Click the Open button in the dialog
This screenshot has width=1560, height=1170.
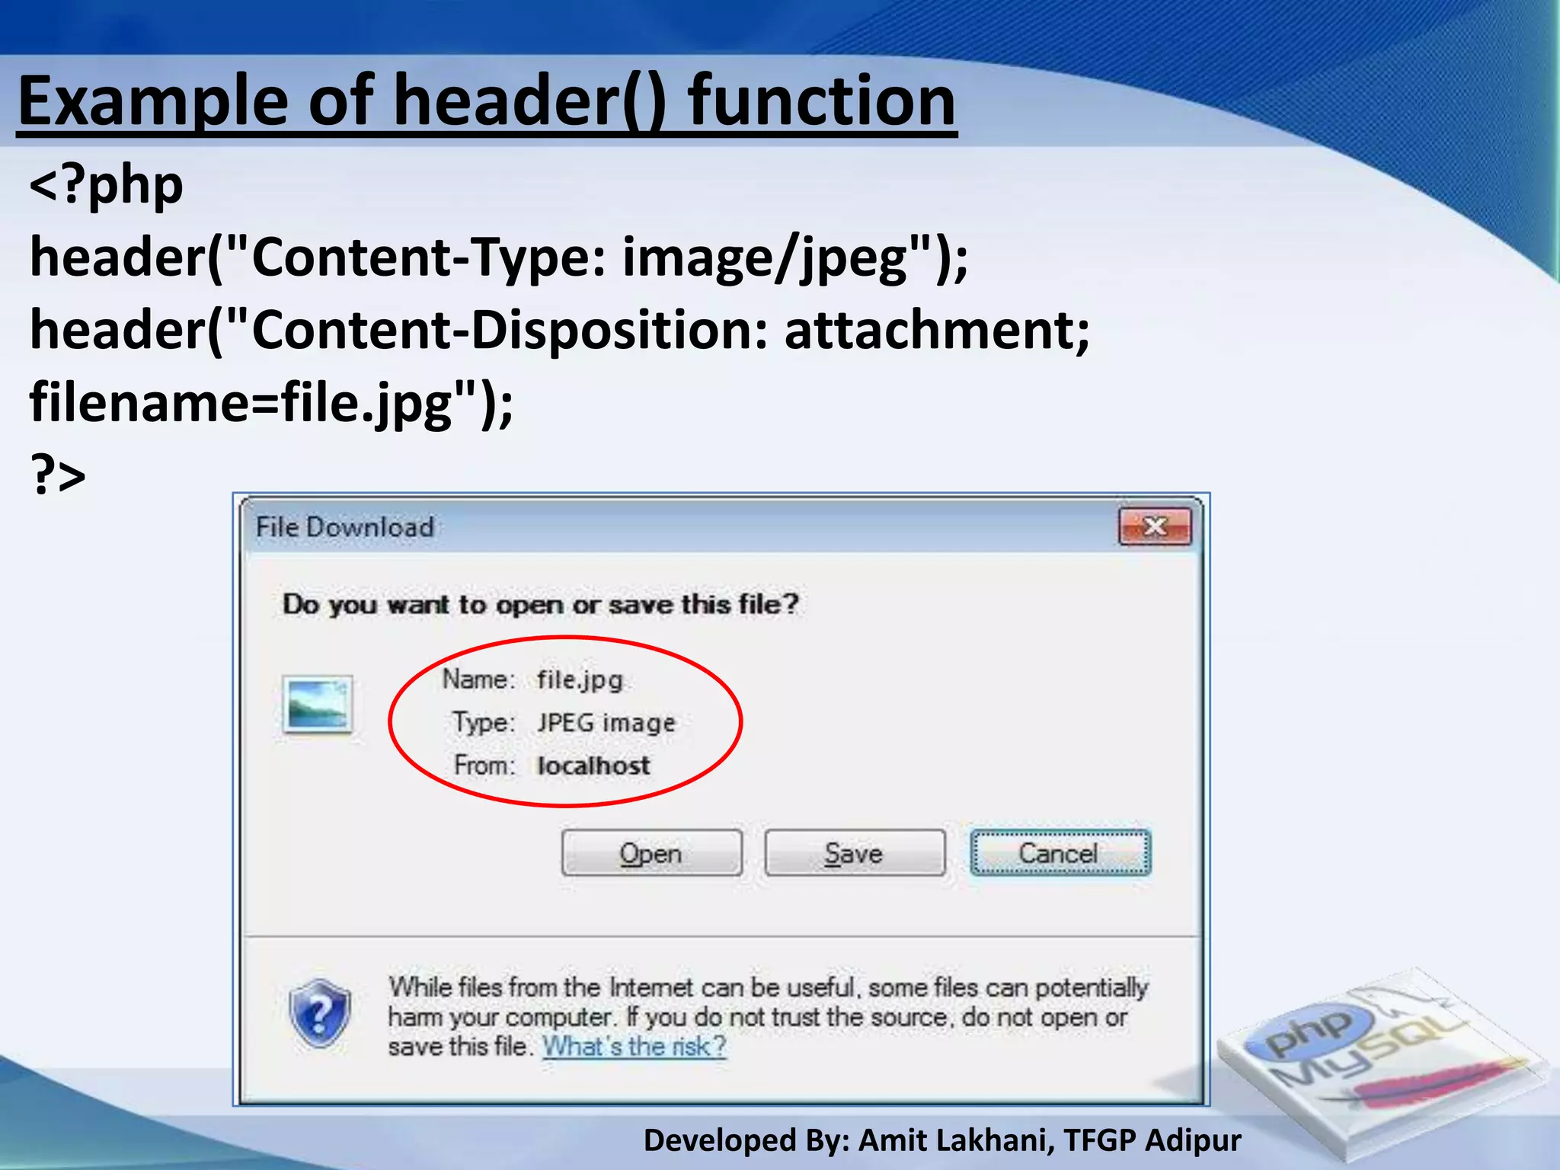point(651,853)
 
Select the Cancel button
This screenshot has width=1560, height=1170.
point(1060,853)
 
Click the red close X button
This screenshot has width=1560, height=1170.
point(1155,526)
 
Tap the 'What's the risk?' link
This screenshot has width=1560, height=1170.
point(634,1047)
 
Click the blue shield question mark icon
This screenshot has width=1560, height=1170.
point(320,1014)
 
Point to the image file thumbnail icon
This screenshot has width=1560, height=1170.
point(317,705)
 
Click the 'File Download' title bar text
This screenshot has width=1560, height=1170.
point(345,527)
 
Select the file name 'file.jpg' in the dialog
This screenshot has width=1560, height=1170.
point(580,679)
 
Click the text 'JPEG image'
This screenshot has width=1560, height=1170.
point(606,722)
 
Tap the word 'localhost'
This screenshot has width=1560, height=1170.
point(593,766)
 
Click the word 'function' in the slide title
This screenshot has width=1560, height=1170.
point(821,101)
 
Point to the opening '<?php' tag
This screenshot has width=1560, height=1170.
point(107,185)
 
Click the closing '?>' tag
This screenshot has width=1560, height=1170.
point(58,474)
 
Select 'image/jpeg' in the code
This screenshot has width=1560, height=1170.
point(765,257)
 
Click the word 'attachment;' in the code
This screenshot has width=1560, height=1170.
point(937,331)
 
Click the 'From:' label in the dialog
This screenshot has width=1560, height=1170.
point(484,765)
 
